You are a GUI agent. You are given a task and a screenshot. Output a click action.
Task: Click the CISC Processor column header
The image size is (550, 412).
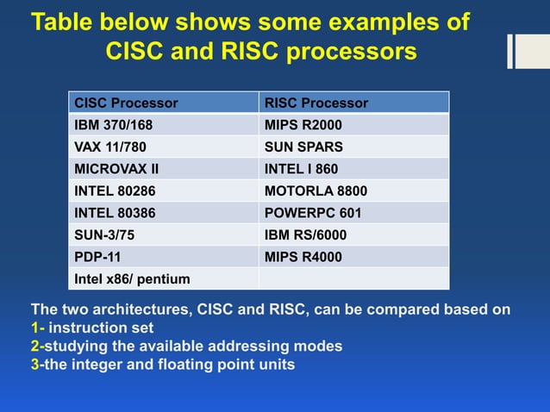tap(127, 103)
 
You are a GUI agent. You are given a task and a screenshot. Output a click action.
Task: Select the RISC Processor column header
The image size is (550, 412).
tap(316, 103)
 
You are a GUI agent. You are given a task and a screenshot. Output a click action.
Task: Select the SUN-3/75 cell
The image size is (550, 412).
tap(104, 234)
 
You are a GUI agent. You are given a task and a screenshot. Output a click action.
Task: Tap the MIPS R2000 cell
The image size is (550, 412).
tap(303, 125)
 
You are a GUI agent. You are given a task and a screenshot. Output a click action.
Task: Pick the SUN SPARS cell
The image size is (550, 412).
tap(303, 147)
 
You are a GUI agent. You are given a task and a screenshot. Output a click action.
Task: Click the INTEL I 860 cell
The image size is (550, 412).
tap(302, 168)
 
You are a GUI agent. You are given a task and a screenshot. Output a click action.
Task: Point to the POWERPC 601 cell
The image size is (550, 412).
tap(313, 213)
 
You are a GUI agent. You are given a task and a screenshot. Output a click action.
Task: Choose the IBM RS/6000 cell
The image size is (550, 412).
tap(304, 234)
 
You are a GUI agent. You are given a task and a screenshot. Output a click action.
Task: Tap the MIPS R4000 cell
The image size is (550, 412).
tap(303, 256)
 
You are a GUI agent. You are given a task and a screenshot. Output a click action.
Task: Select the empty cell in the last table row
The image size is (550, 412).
tap(353, 278)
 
